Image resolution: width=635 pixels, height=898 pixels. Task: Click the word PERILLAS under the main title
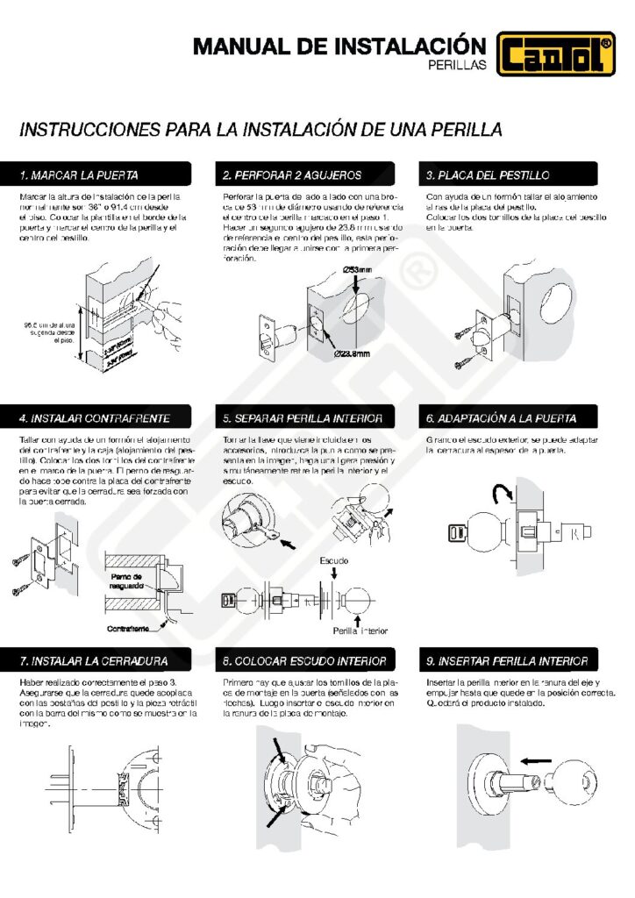click(x=456, y=65)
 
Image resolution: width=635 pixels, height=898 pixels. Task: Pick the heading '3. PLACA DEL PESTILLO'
click(x=488, y=175)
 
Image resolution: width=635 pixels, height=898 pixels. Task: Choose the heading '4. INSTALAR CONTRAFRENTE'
click(x=95, y=417)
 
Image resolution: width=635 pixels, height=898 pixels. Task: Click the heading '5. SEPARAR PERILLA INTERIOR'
click(x=303, y=417)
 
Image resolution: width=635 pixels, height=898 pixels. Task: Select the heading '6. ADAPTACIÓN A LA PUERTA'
click(x=501, y=417)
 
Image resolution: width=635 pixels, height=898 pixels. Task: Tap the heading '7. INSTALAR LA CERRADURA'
click(x=94, y=659)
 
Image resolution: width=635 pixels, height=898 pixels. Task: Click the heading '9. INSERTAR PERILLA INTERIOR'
click(x=506, y=659)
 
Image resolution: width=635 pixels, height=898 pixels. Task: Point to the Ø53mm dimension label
click(x=360, y=269)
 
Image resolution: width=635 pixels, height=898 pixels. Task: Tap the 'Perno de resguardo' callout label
click(x=132, y=580)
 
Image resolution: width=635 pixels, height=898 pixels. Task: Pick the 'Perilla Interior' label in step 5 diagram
click(x=360, y=630)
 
